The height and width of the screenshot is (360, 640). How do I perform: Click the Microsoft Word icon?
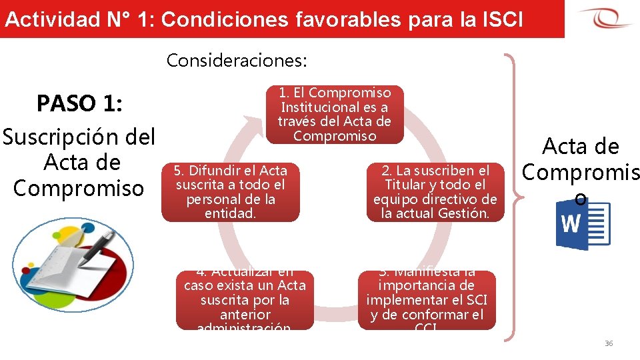tap(582, 225)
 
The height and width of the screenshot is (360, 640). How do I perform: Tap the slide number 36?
tap(608, 343)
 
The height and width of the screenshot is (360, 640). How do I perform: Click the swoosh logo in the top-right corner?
tap(605, 18)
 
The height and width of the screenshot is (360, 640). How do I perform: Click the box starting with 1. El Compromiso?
tap(335, 114)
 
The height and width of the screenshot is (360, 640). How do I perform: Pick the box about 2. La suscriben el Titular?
tap(435, 192)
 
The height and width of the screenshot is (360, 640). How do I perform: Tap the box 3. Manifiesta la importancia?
tap(427, 300)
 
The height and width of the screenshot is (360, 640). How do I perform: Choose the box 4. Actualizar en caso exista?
tap(245, 300)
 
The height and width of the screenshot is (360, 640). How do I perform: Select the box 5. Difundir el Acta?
tap(231, 192)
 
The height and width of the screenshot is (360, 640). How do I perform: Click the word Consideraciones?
tap(237, 61)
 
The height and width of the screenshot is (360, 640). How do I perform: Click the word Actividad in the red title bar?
tap(51, 19)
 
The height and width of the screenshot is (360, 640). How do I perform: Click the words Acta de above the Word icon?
tap(581, 146)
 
